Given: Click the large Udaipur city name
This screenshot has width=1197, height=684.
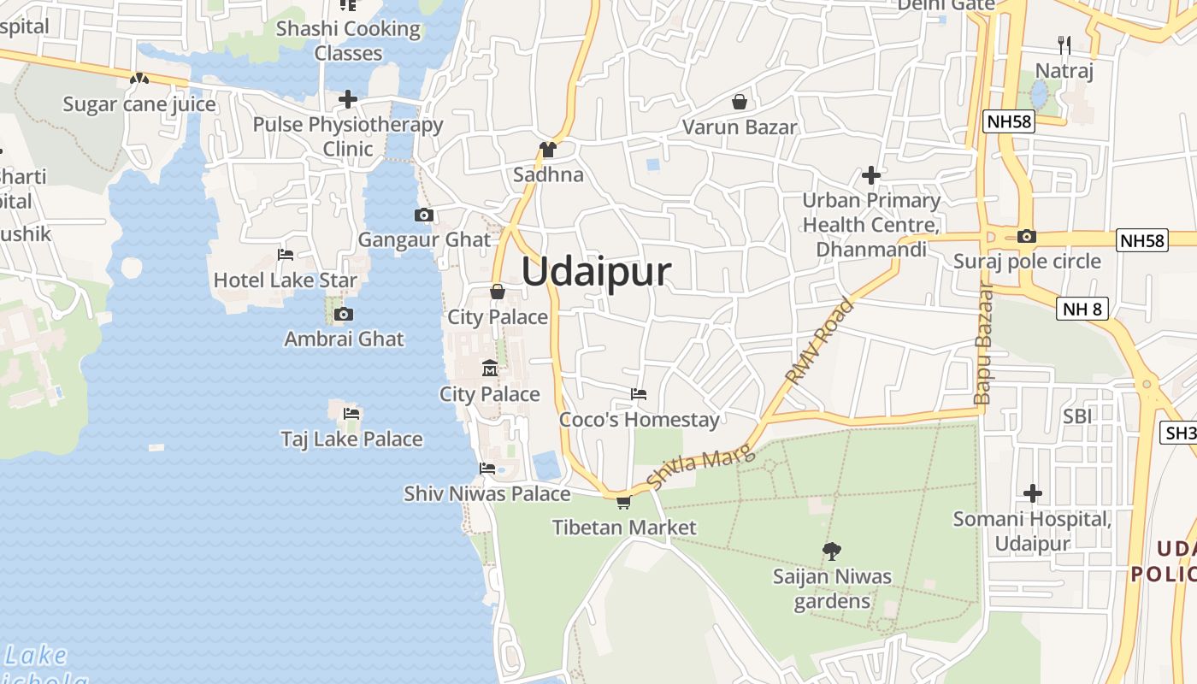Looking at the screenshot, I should (596, 272).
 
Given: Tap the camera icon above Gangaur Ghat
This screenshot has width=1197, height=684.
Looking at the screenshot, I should (423, 215).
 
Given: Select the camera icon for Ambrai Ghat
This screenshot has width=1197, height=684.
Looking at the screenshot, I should (343, 314).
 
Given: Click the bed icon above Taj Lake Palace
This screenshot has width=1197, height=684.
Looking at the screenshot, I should (351, 414).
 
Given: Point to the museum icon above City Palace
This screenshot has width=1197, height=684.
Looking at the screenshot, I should (490, 369).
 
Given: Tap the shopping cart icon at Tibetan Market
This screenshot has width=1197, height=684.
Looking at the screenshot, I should (623, 502).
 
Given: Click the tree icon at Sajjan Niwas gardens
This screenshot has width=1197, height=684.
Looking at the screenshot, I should (831, 551).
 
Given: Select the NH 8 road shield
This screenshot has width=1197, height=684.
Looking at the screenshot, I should (1082, 309).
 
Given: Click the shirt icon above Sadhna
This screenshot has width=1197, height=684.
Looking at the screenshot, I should (548, 150).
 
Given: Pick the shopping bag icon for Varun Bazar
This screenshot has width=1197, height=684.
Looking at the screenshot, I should (740, 103).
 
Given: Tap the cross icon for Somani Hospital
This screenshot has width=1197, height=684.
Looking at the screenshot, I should (1033, 493).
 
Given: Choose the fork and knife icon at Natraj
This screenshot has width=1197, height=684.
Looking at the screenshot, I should (1064, 44).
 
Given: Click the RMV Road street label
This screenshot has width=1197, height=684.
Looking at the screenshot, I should (819, 340).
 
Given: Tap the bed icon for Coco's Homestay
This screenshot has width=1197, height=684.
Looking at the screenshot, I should (639, 394).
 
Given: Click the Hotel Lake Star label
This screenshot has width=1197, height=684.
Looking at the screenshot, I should (285, 280).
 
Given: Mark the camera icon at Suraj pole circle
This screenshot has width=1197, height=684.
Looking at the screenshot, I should (1027, 237).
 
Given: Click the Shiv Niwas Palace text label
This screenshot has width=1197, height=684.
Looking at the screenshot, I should (486, 493).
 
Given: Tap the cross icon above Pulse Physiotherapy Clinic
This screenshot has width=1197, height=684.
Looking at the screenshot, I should (347, 99).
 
